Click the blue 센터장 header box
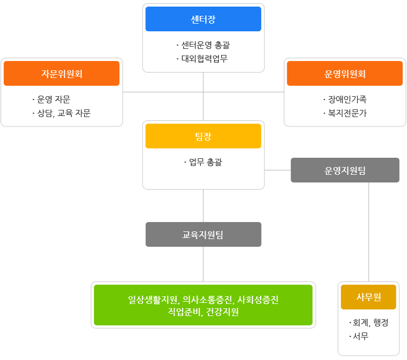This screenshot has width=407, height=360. pos(203,19)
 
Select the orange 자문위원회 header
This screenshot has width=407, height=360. pos(62,74)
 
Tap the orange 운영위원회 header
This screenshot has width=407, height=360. pos(345,74)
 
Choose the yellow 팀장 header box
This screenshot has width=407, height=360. pos(203,136)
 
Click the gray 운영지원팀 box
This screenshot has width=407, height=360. pos(345,170)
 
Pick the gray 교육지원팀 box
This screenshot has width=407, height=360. pos(203,234)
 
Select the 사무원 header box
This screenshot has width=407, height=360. pos(369,297)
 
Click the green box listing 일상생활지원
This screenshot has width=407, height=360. pos(203,305)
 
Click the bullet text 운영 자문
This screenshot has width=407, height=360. pos(53,99)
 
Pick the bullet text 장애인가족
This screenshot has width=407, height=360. pos(346,99)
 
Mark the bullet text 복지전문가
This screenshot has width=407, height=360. pos(346,113)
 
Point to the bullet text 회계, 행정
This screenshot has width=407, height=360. pos(370,323)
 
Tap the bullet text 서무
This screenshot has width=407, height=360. pos(360,336)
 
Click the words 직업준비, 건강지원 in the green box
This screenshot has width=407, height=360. pos(203,312)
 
